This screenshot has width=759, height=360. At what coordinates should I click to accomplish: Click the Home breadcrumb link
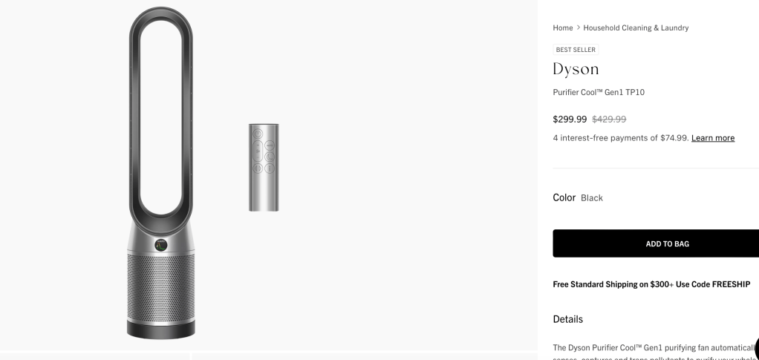click(x=562, y=28)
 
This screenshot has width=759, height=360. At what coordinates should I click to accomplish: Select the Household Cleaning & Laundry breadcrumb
click(x=636, y=28)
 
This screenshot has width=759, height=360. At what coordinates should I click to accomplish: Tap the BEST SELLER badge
click(x=576, y=50)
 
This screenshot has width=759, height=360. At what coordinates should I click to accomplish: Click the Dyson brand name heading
click(x=576, y=69)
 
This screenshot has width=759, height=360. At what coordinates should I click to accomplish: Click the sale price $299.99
click(x=570, y=119)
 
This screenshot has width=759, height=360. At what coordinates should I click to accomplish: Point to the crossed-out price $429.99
click(x=609, y=119)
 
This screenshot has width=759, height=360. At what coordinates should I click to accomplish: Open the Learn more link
click(x=712, y=138)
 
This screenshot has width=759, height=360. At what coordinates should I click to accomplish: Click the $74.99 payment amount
click(x=674, y=138)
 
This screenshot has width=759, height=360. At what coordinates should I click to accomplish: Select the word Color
click(x=564, y=197)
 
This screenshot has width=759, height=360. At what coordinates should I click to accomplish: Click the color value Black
click(x=592, y=198)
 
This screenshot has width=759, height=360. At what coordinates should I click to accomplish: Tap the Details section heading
click(x=567, y=319)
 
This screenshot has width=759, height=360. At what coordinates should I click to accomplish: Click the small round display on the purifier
click(x=161, y=244)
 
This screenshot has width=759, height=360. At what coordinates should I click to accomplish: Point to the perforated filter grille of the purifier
click(x=161, y=286)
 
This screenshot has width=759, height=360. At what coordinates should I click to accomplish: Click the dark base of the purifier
click(x=161, y=329)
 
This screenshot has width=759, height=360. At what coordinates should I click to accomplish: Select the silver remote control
click(x=264, y=167)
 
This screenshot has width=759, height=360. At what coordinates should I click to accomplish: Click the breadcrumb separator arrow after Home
click(x=579, y=28)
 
